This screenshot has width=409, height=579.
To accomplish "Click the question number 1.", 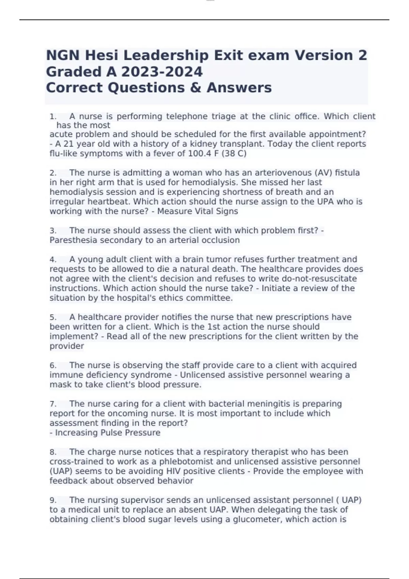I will click(x=53, y=116).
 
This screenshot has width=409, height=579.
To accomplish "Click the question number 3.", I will click(x=53, y=231).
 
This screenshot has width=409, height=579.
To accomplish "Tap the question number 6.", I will click(x=53, y=365).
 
